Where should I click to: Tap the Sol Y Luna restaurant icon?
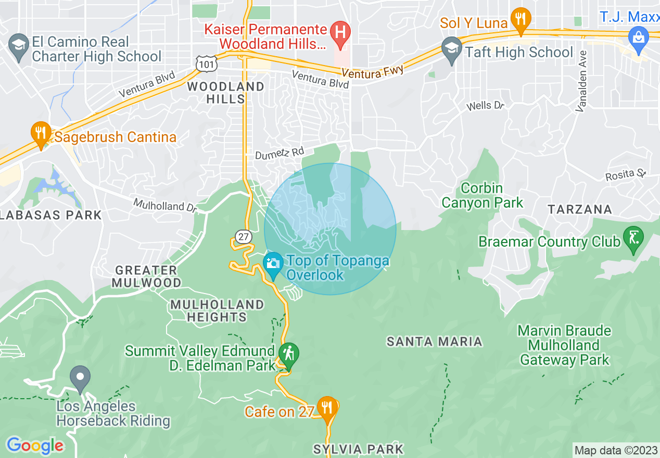point(520,19)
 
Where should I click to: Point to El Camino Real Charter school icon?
point(19,43)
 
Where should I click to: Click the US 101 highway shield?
point(204,63)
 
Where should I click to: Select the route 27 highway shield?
point(243,237)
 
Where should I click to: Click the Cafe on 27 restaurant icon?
point(327,407)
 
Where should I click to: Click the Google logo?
point(35,446)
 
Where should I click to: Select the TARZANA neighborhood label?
point(579,209)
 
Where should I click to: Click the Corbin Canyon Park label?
point(482,195)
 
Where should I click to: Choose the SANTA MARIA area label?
point(434,341)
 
